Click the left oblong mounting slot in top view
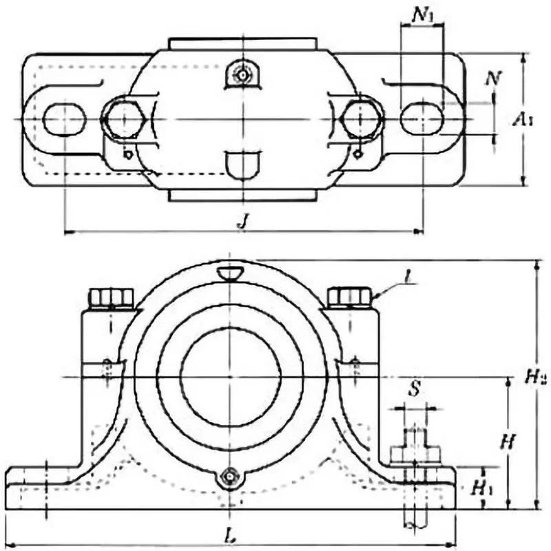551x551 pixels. click(x=64, y=118)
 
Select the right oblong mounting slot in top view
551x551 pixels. click(x=422, y=118)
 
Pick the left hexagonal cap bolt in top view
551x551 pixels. click(x=123, y=118)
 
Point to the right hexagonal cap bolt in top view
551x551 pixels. click(x=362, y=118)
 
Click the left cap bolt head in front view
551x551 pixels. click(x=111, y=298)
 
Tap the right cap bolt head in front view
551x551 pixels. click(x=349, y=297)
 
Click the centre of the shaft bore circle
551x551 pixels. click(x=230, y=377)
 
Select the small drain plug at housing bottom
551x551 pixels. click(x=230, y=476)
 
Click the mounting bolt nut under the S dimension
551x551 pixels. click(x=415, y=455)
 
